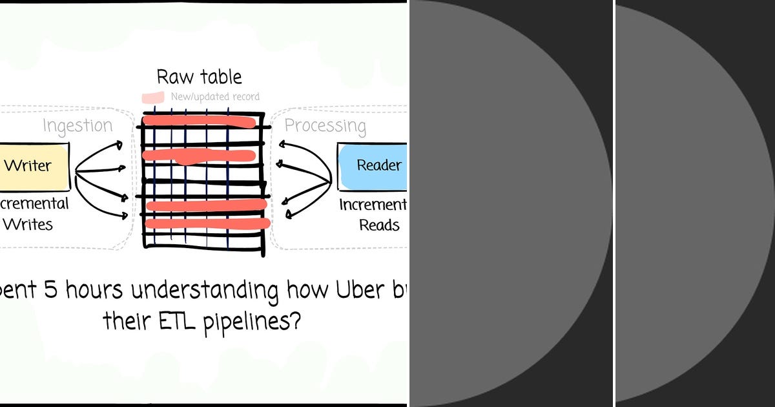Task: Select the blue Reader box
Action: click(373, 165)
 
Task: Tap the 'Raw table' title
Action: click(200, 77)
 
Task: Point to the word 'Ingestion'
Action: click(77, 125)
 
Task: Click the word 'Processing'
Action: click(325, 125)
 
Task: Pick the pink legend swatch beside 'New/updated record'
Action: click(153, 97)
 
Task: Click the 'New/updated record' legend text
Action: click(215, 97)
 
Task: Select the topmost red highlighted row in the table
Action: click(199, 120)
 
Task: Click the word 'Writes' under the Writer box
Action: click(28, 224)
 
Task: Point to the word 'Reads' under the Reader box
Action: click(379, 225)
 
